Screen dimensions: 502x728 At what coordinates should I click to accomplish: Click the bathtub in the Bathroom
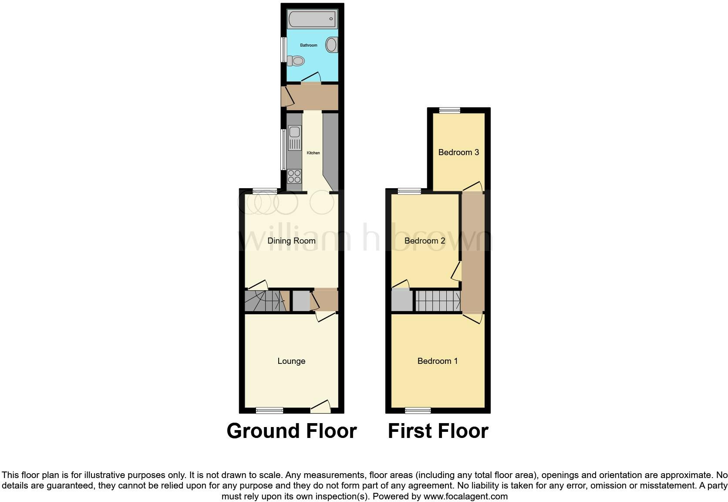click(x=312, y=20)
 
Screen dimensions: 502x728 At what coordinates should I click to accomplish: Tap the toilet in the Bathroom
click(x=297, y=61)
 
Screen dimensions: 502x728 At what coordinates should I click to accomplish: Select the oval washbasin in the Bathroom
click(x=332, y=45)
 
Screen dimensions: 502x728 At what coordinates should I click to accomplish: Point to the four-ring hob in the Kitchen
click(x=294, y=176)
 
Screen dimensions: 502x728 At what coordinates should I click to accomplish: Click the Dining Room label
click(x=291, y=241)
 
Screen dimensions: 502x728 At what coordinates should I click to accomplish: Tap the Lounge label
click(x=291, y=361)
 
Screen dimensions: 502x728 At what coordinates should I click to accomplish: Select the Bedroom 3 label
click(x=458, y=153)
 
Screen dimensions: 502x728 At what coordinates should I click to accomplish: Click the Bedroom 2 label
click(x=425, y=241)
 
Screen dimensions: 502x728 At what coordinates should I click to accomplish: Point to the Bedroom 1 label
click(x=437, y=361)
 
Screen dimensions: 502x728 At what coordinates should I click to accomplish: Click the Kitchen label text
click(x=313, y=153)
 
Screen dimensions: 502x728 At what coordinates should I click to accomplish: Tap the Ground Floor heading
click(x=291, y=431)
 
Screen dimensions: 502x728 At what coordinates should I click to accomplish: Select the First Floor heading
click(x=438, y=431)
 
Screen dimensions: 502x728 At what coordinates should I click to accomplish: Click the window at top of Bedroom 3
click(x=450, y=111)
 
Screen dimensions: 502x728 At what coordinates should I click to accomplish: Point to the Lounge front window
click(x=270, y=410)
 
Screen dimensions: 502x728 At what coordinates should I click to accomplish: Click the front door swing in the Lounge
click(x=321, y=407)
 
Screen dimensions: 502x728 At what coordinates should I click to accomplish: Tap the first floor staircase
click(x=437, y=301)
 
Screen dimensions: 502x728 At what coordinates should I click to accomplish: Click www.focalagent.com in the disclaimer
click(x=465, y=496)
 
